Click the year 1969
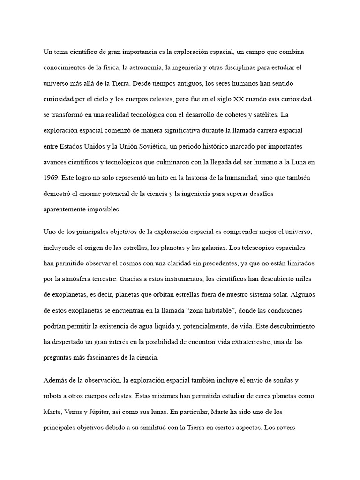51,178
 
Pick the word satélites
290,115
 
